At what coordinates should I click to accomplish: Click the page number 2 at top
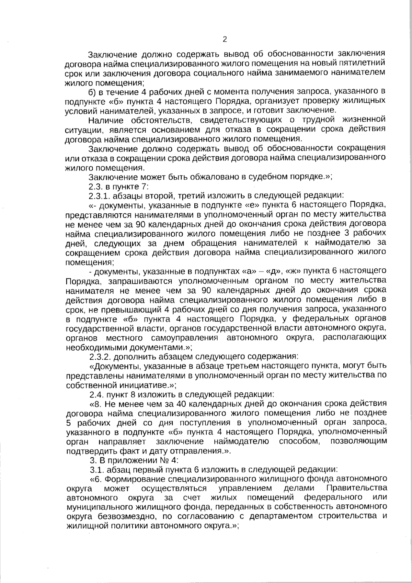[x=225, y=40]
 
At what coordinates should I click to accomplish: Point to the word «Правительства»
[x=357, y=488]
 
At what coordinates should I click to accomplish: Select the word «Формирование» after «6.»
[x=139, y=479]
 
